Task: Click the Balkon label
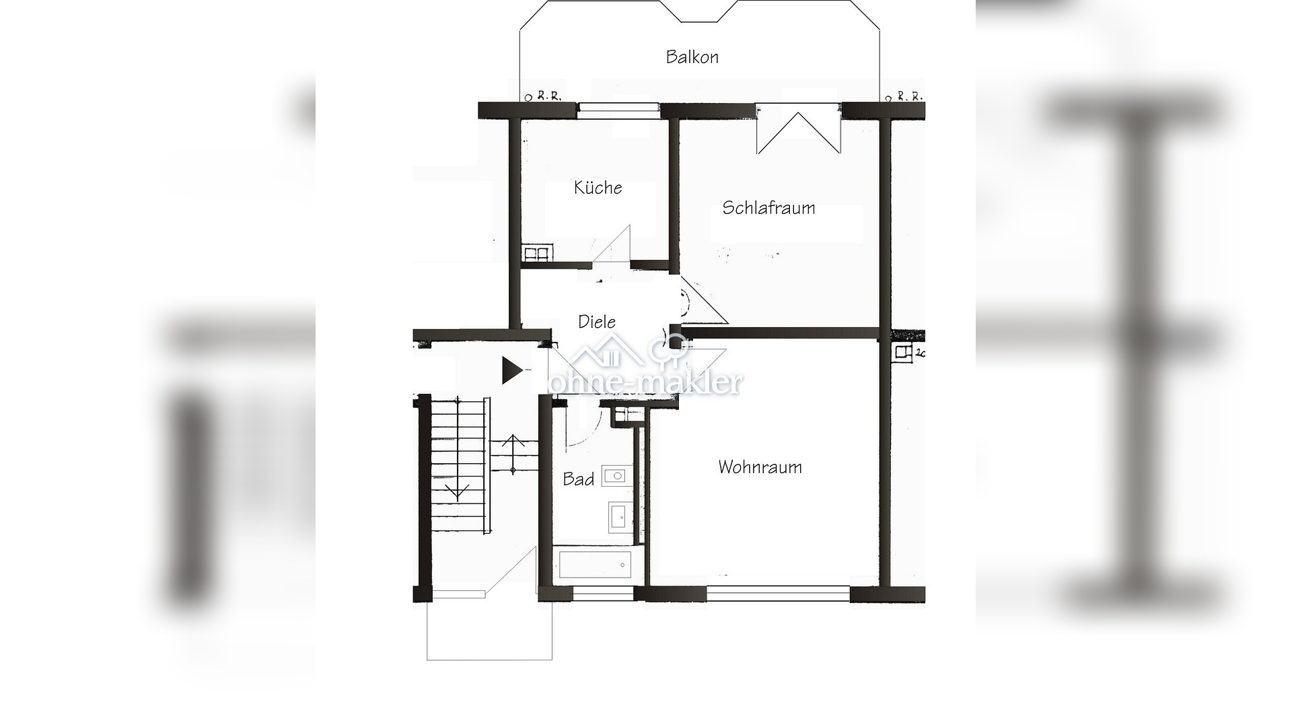(692, 57)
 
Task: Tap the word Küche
(598, 188)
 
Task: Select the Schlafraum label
(768, 208)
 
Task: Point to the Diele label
(597, 322)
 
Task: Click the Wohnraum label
(760, 467)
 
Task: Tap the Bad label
(578, 479)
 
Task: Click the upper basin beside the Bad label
(615, 476)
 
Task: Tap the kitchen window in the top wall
(618, 110)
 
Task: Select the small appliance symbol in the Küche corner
(536, 254)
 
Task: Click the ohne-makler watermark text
(646, 382)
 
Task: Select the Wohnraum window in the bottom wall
(778, 594)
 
